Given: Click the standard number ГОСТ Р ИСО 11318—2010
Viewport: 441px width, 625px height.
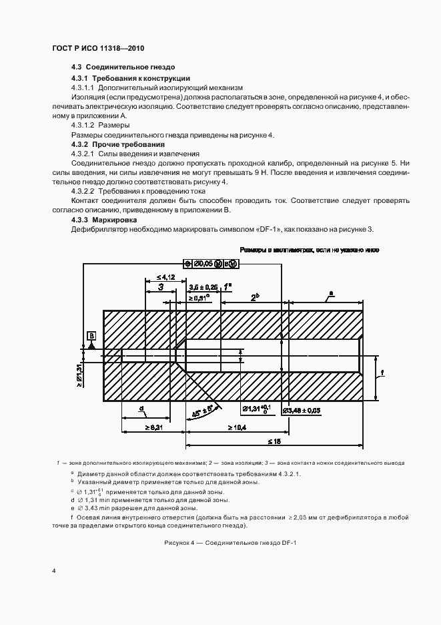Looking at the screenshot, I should click(x=98, y=49).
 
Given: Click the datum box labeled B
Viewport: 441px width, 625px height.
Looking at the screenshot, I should click(x=91, y=335).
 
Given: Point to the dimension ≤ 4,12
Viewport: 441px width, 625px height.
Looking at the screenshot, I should click(x=165, y=276).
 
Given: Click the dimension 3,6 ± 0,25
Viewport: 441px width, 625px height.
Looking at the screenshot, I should click(x=203, y=286).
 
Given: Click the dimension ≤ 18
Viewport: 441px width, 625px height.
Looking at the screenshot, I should click(x=274, y=441).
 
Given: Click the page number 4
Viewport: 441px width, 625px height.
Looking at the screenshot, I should click(x=53, y=572).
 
